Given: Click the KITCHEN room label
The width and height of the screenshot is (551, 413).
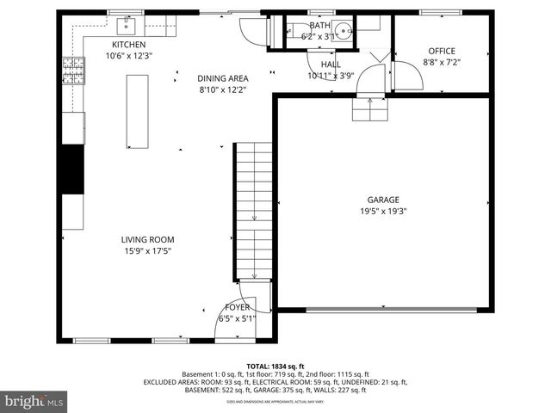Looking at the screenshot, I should (x=128, y=45).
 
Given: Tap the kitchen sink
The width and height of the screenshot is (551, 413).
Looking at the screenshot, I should (x=131, y=23).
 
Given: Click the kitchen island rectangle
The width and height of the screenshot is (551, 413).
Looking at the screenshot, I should (x=137, y=111).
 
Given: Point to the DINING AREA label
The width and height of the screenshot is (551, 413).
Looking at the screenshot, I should (x=222, y=78).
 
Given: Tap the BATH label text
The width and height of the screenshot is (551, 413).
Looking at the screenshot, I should (x=319, y=26).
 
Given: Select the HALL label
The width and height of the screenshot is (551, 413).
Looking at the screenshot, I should (x=331, y=65).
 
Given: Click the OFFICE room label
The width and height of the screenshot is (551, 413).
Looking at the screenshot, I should (x=442, y=51).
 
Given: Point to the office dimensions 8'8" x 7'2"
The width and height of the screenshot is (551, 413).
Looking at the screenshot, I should (x=442, y=62).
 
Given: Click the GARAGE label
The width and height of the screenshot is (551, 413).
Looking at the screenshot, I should (x=383, y=200).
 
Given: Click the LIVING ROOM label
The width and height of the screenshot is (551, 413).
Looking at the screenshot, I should (x=147, y=240).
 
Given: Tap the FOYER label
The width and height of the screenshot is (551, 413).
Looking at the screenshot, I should (x=238, y=307).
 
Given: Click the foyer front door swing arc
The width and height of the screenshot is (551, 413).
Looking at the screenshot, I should (x=226, y=320).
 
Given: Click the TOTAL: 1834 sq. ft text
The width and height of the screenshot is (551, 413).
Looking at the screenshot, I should (x=275, y=366).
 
